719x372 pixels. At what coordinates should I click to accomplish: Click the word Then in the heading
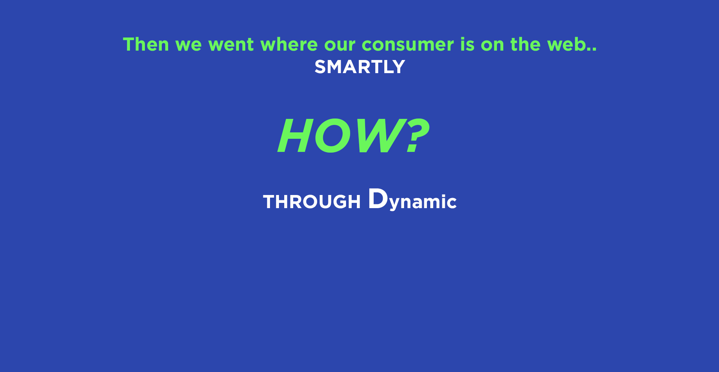point(146,44)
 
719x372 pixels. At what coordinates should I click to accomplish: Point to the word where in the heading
point(289,44)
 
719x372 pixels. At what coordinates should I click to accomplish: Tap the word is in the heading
point(467,44)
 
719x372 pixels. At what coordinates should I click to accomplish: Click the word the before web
point(525,44)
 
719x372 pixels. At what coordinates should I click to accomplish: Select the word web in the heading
point(566,44)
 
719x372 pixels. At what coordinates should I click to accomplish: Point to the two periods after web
point(592,49)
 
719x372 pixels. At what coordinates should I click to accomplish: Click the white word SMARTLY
point(360,67)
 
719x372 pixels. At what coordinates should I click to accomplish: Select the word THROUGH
point(312,202)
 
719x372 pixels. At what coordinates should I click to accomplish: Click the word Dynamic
point(412,199)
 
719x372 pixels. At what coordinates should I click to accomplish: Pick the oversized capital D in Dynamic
point(378,198)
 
